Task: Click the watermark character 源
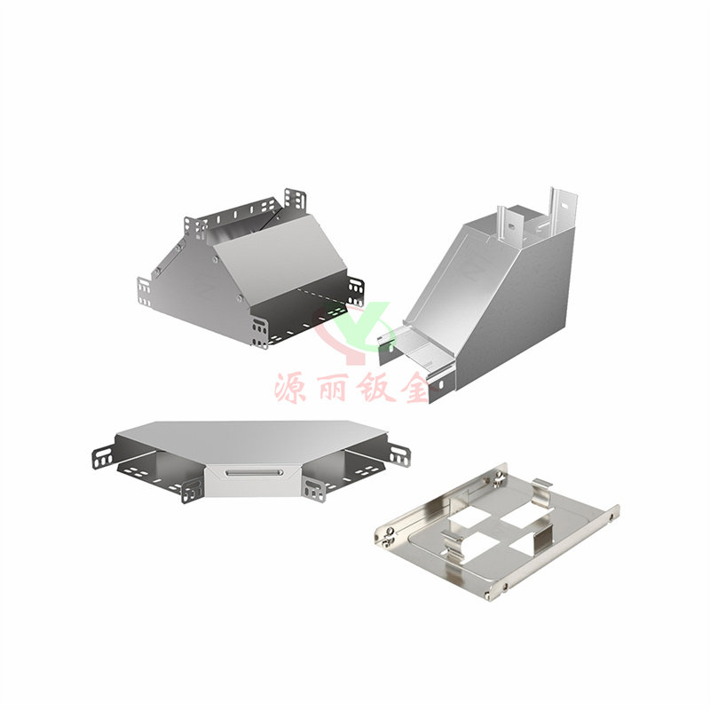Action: (290, 388)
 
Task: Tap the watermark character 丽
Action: (334, 388)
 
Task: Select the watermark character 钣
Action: (375, 388)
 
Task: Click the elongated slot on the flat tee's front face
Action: (255, 473)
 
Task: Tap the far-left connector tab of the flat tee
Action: (103, 456)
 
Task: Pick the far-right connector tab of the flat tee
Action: (400, 454)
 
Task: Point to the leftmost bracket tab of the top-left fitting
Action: (144, 292)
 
